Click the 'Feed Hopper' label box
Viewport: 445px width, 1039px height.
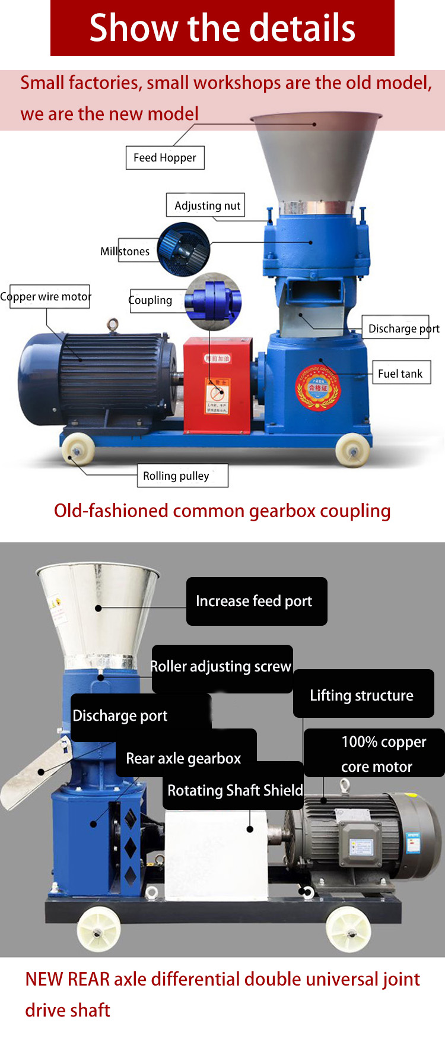(x=165, y=158)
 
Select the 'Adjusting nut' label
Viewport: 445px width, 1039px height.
(x=206, y=205)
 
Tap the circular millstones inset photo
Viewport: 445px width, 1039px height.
(x=184, y=249)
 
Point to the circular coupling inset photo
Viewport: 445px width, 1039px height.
(x=212, y=301)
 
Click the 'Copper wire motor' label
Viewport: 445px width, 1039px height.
(x=46, y=296)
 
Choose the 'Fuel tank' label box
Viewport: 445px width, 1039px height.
(x=401, y=373)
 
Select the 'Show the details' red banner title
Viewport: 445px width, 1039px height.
(x=223, y=28)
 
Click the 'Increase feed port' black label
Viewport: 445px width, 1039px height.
(x=256, y=601)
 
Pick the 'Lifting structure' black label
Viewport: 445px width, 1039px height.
(x=363, y=695)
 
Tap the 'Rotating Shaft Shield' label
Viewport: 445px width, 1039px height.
(x=234, y=790)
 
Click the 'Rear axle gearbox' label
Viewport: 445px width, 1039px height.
(x=185, y=758)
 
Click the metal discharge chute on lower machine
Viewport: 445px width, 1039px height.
(x=36, y=772)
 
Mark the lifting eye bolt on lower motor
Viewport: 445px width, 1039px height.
(x=344, y=787)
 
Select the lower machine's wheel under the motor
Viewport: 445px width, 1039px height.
(x=349, y=927)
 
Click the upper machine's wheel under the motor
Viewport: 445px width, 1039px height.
(x=78, y=449)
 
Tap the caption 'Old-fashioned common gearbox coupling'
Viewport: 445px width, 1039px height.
(x=223, y=511)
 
